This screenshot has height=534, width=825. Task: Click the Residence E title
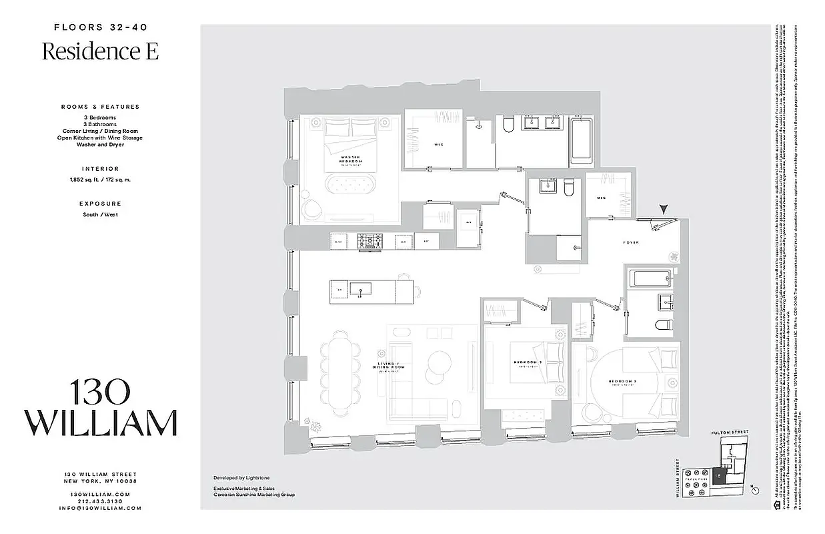tap(100, 51)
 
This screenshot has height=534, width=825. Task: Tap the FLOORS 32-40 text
tap(100, 27)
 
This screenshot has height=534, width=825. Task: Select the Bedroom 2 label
tap(526, 363)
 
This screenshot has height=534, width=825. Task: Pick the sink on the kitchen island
tap(364, 290)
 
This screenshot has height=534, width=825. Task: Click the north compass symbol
tap(756, 489)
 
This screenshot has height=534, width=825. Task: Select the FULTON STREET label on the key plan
tap(730, 433)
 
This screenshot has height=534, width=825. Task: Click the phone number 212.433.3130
tap(100, 501)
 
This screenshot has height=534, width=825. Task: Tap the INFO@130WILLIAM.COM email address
tap(100, 508)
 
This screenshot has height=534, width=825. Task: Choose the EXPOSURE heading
tap(100, 204)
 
